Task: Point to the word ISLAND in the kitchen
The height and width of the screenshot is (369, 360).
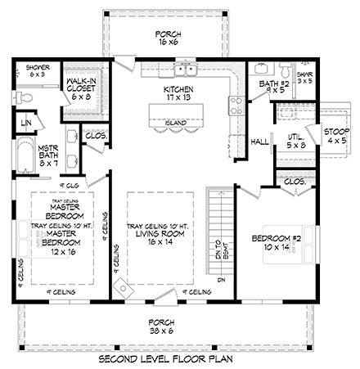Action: (173, 123)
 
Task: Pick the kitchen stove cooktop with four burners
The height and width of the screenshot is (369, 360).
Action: (234, 105)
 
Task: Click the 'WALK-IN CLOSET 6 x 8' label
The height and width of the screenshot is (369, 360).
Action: (82, 88)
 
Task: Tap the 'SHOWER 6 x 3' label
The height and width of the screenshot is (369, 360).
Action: (38, 70)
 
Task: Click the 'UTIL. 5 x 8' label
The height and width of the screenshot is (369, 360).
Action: (296, 142)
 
